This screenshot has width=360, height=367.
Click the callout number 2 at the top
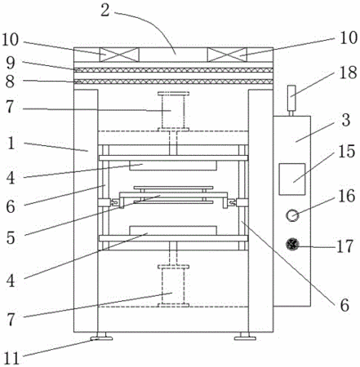[x=105, y=11]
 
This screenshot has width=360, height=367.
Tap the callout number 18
[x=349, y=73]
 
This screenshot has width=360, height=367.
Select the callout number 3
[x=346, y=120]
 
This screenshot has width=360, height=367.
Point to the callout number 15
[x=347, y=151]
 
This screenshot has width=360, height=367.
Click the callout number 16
[x=347, y=196]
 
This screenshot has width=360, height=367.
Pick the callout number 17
[x=345, y=246]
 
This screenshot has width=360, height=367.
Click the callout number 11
[x=11, y=358]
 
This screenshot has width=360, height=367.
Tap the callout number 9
[x=11, y=64]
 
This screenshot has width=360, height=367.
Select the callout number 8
[x=11, y=82]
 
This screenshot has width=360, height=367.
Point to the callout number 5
[x=11, y=237]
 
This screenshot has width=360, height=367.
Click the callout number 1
[x=11, y=143]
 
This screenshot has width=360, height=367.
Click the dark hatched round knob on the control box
[x=292, y=244]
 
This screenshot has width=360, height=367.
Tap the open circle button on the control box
[x=292, y=215]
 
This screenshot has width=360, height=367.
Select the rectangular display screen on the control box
[x=292, y=179]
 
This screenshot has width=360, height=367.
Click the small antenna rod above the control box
[x=291, y=100]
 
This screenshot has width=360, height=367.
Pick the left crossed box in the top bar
[x=119, y=55]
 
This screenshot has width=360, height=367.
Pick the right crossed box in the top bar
[x=227, y=55]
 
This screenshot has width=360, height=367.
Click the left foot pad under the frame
[x=101, y=337]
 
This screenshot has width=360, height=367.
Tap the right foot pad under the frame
[x=245, y=337]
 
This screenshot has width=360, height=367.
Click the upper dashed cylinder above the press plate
[x=173, y=112]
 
